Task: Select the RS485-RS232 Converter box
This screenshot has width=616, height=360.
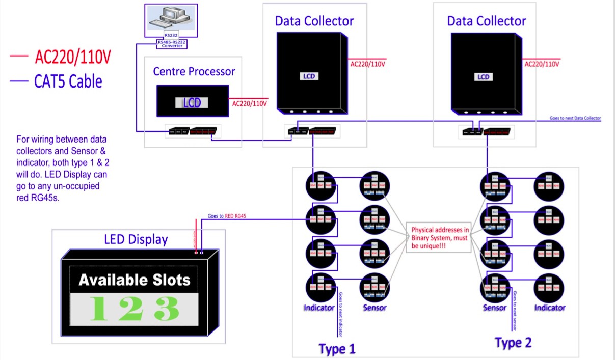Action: coord(172,44)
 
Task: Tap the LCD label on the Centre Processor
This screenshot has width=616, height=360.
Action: coord(192,103)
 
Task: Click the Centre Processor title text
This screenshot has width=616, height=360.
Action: coord(194,71)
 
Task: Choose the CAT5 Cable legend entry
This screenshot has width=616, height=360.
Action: coord(68,81)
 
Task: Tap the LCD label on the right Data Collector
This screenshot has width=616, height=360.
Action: coord(483,77)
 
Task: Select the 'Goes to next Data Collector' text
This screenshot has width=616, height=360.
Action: coord(575,118)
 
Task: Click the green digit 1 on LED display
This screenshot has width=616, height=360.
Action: coord(98,309)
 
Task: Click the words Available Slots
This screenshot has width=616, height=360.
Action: coord(135,280)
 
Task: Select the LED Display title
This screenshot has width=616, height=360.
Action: coord(136,239)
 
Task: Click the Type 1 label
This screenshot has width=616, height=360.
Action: coord(337,349)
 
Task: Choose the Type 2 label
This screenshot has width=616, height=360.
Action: coord(513,343)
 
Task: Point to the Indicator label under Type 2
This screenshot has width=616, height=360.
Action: coord(549,308)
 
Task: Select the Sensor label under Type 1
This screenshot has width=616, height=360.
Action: coord(374,308)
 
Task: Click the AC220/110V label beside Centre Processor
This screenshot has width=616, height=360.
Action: coord(250,103)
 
